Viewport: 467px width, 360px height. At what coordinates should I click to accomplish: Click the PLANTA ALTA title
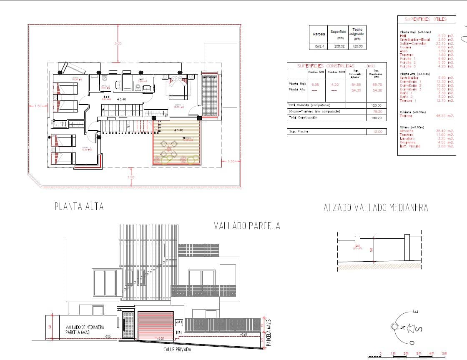[x=79, y=206]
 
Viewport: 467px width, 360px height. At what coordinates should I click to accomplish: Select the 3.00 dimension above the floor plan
[x=118, y=43]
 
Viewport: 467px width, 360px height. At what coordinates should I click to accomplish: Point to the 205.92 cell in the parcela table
[x=338, y=46]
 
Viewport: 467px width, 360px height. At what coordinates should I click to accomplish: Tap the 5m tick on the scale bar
[x=444, y=353]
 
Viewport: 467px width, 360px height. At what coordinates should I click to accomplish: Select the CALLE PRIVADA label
[x=178, y=350]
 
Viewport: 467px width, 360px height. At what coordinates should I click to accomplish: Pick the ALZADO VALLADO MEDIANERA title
[x=376, y=207]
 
